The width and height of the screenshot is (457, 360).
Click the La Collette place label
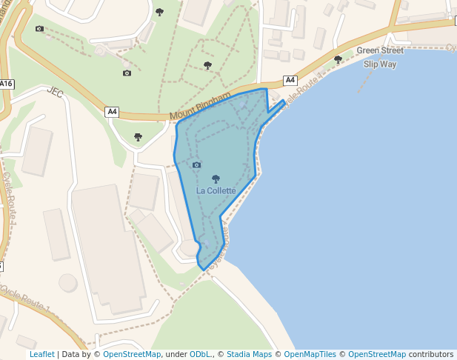(x=216, y=191)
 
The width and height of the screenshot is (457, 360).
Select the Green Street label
(x=380, y=51)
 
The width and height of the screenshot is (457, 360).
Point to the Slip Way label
(x=381, y=64)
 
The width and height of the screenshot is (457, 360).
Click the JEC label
(x=55, y=93)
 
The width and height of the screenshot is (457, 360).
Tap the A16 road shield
(x=6, y=84)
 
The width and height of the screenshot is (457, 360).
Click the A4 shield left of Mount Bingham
(x=113, y=112)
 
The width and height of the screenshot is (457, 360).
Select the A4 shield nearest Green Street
(x=290, y=80)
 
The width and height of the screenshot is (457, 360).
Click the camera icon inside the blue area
(x=196, y=164)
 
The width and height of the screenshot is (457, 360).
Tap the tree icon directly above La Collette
(x=216, y=178)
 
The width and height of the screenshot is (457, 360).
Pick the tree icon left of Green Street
(x=338, y=59)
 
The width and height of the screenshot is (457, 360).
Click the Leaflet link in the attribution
(x=42, y=355)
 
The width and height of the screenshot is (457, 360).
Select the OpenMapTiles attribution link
(x=310, y=355)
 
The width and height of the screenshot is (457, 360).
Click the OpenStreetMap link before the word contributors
(x=377, y=355)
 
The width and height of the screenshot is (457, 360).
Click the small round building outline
(x=67, y=283)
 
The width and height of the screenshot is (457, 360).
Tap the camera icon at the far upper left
(x=39, y=29)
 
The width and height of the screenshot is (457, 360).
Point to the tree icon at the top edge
(x=159, y=12)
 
